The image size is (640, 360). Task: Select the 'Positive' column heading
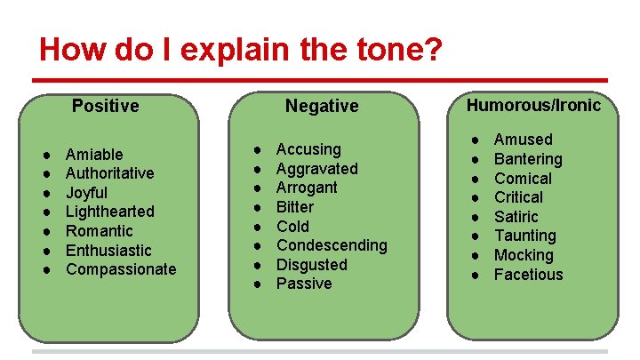pos(105,106)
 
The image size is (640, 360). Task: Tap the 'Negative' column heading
pos(322,106)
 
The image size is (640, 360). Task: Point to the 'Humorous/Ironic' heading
pos(533,105)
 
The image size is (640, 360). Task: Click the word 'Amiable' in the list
pos(94,155)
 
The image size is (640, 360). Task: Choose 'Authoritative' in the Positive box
pos(109,173)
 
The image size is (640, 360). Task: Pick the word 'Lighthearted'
pos(109,212)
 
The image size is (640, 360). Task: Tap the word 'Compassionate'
pos(121,268)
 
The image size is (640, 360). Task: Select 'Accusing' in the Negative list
pos(308,149)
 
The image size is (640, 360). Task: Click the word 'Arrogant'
pos(307,188)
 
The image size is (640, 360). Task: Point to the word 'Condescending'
pos(332,244)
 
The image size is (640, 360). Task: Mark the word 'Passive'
pos(304,284)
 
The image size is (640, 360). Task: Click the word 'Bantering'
pos(528,159)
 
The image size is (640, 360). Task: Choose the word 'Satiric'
pos(516,217)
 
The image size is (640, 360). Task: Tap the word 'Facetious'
pos(528,275)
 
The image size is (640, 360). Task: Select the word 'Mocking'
pos(523,255)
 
